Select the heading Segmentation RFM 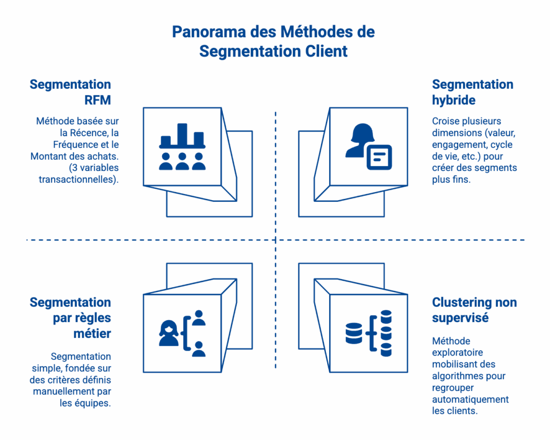pos(70,92)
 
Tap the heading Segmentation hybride pos(473,92)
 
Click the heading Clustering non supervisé pos(474,310)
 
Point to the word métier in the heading pos(92,333)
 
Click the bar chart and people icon pos(182,147)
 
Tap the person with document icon pos(368,147)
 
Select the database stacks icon pos(368,333)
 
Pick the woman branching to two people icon pos(182,333)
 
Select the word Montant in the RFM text pos(50,156)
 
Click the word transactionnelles pos(77,179)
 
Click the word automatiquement pos(470,399)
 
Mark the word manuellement pos(63,391)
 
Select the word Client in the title pos(324,51)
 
